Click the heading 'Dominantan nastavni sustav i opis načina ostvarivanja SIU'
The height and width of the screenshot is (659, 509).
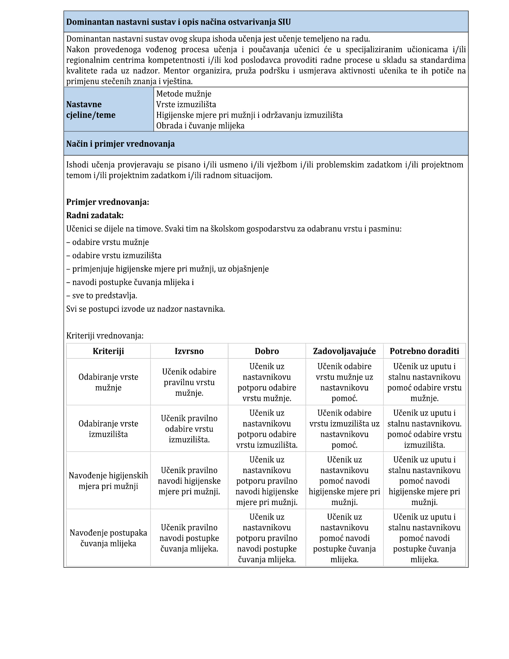pos(178,22)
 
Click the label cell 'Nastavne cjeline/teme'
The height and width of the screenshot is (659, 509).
pos(91,110)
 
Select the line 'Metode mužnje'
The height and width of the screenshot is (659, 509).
pos(184,94)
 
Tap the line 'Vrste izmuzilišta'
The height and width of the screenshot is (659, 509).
pos(186,105)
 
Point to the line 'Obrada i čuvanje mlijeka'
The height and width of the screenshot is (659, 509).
pos(200,126)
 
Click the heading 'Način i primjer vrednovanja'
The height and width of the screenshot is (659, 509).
pos(120,144)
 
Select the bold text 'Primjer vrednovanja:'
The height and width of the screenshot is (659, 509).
pos(108,202)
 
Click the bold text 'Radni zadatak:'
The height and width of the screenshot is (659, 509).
pos(95,215)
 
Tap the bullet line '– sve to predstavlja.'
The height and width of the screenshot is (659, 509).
pos(102,296)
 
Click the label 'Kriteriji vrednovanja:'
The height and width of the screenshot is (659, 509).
pos(105,336)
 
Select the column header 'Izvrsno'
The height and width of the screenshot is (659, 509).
pos(189,351)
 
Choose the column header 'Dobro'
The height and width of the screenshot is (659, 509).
pos(267,351)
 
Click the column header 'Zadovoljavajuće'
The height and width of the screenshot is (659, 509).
pos(344,351)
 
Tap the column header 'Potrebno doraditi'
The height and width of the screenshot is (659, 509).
pos(424,351)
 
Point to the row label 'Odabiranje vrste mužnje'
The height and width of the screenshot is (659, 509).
pos(108,382)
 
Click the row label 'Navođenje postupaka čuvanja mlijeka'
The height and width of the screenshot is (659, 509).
pos(108,538)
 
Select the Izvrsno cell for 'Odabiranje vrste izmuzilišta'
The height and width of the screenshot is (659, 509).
pos(189,429)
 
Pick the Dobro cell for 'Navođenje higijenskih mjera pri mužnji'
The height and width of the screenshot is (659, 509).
pos(267,481)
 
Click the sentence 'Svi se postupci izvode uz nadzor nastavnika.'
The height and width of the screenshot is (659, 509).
pos(145,309)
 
